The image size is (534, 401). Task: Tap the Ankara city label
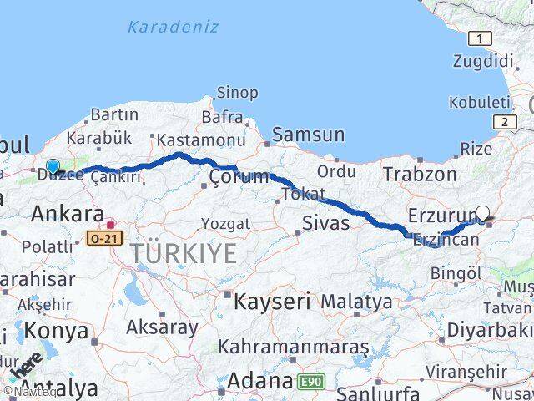pos(68,214)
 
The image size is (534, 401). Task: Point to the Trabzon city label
pos(420,174)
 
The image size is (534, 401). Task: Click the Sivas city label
pos(325,222)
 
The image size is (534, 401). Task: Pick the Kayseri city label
pos(272,300)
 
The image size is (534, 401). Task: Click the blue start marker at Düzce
pos(53,166)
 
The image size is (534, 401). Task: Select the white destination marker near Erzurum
pos(481,213)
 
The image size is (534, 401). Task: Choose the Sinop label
pos(237,93)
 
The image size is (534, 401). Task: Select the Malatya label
pos(356,300)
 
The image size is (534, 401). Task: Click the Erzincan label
pos(446,240)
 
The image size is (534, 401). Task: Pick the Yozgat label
pos(225,223)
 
